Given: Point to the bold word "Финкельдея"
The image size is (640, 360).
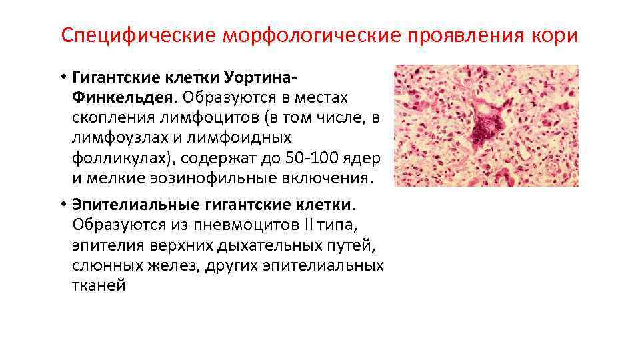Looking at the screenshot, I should [123, 98].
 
